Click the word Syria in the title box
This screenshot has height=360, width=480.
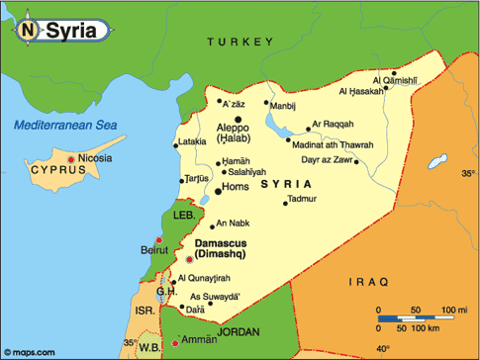(72, 31)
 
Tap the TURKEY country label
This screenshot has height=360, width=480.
(239, 42)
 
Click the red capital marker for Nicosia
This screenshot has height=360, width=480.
(70, 159)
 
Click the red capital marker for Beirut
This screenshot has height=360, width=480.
(158, 240)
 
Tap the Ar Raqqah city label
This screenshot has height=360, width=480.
(334, 126)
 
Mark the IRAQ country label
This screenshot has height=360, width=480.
(367, 283)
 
